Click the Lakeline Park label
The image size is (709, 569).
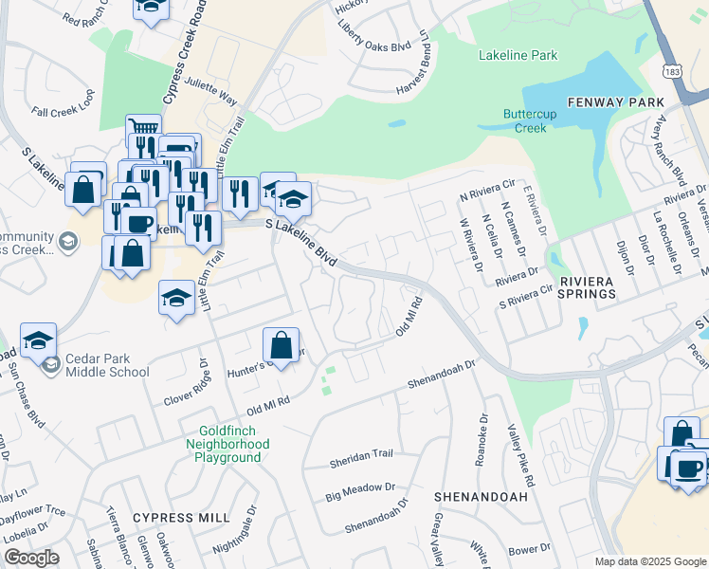[518, 56]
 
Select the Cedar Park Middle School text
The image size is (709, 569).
[107, 366]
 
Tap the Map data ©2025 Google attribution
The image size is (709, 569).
[649, 561]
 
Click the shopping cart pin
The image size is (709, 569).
[143, 129]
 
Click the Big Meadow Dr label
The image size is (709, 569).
[360, 491]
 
